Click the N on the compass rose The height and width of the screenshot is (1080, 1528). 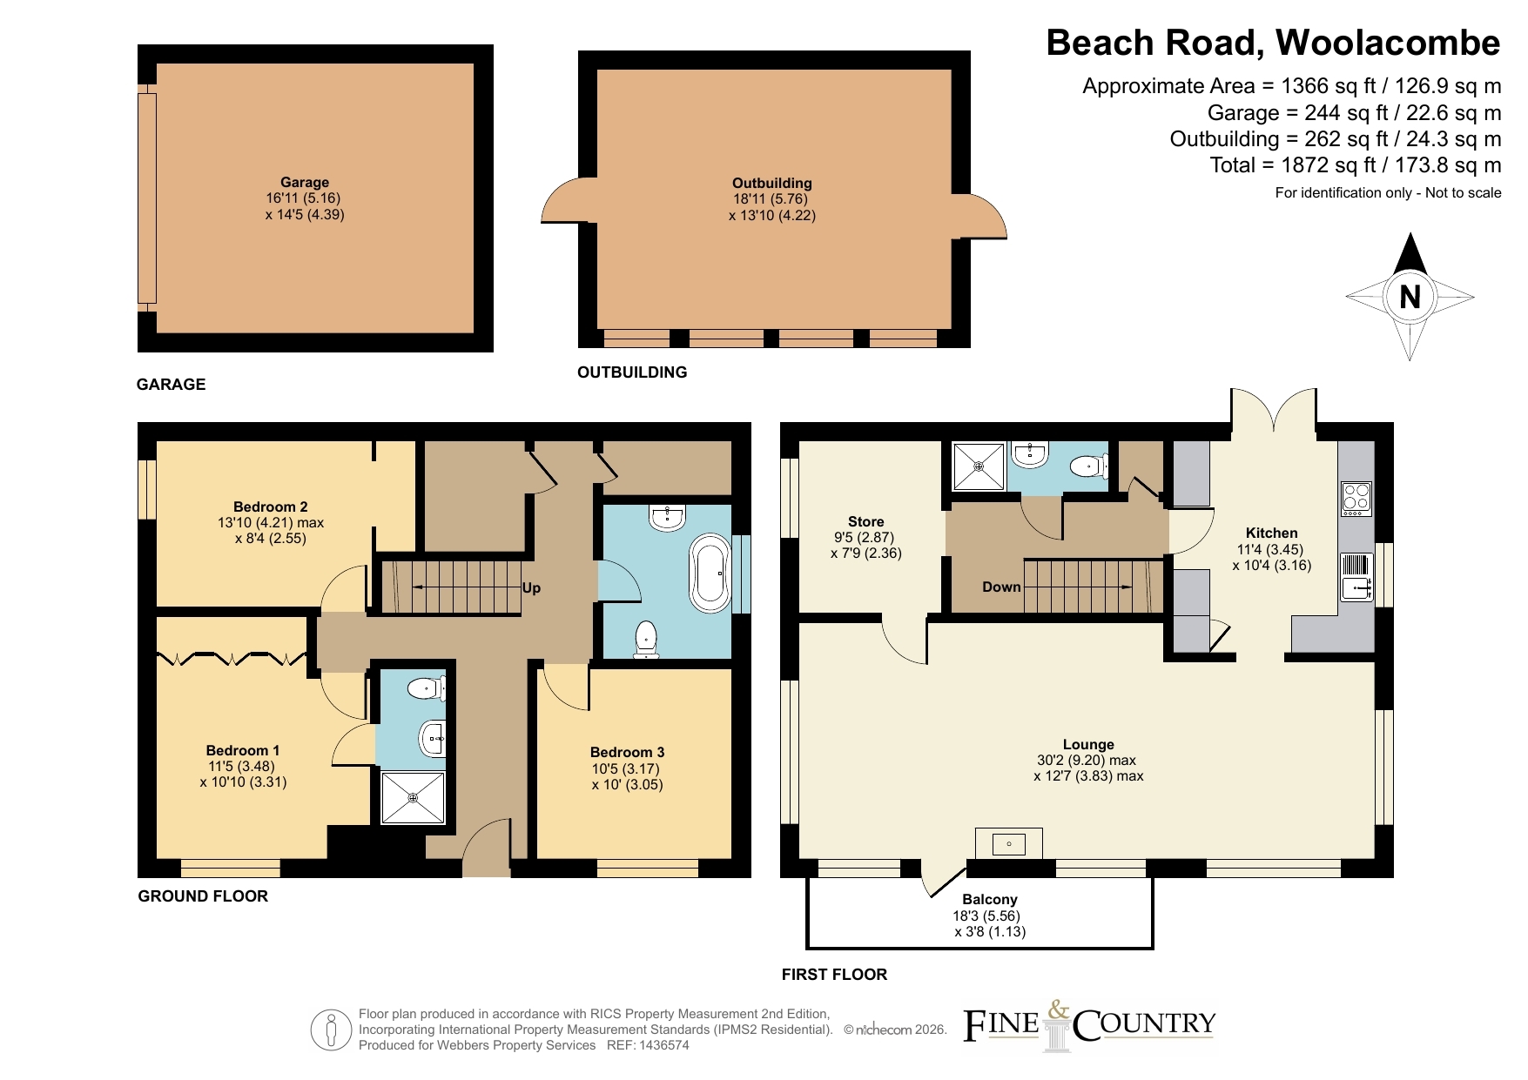(x=1410, y=298)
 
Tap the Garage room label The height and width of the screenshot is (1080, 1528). (x=305, y=182)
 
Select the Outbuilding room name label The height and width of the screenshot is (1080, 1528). (x=772, y=183)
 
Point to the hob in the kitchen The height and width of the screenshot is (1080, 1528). (x=1356, y=499)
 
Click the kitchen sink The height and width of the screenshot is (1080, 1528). (x=1356, y=577)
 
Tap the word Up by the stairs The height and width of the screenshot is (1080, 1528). (x=531, y=588)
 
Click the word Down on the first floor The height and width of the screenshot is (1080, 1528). (x=1001, y=587)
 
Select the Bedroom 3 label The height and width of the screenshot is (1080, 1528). (x=627, y=752)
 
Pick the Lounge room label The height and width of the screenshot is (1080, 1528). (x=1088, y=744)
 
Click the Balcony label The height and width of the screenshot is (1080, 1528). (x=990, y=899)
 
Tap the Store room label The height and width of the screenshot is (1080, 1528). (x=865, y=521)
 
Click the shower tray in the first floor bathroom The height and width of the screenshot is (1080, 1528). (x=979, y=466)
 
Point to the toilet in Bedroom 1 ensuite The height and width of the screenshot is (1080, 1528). (x=427, y=688)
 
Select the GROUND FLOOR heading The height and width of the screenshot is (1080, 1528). (x=203, y=896)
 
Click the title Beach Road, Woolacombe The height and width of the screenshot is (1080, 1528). (x=1273, y=43)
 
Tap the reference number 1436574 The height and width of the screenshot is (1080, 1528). (x=660, y=1045)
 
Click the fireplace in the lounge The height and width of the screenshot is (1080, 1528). (x=1009, y=843)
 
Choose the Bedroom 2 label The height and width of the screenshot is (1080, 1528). (x=270, y=506)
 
